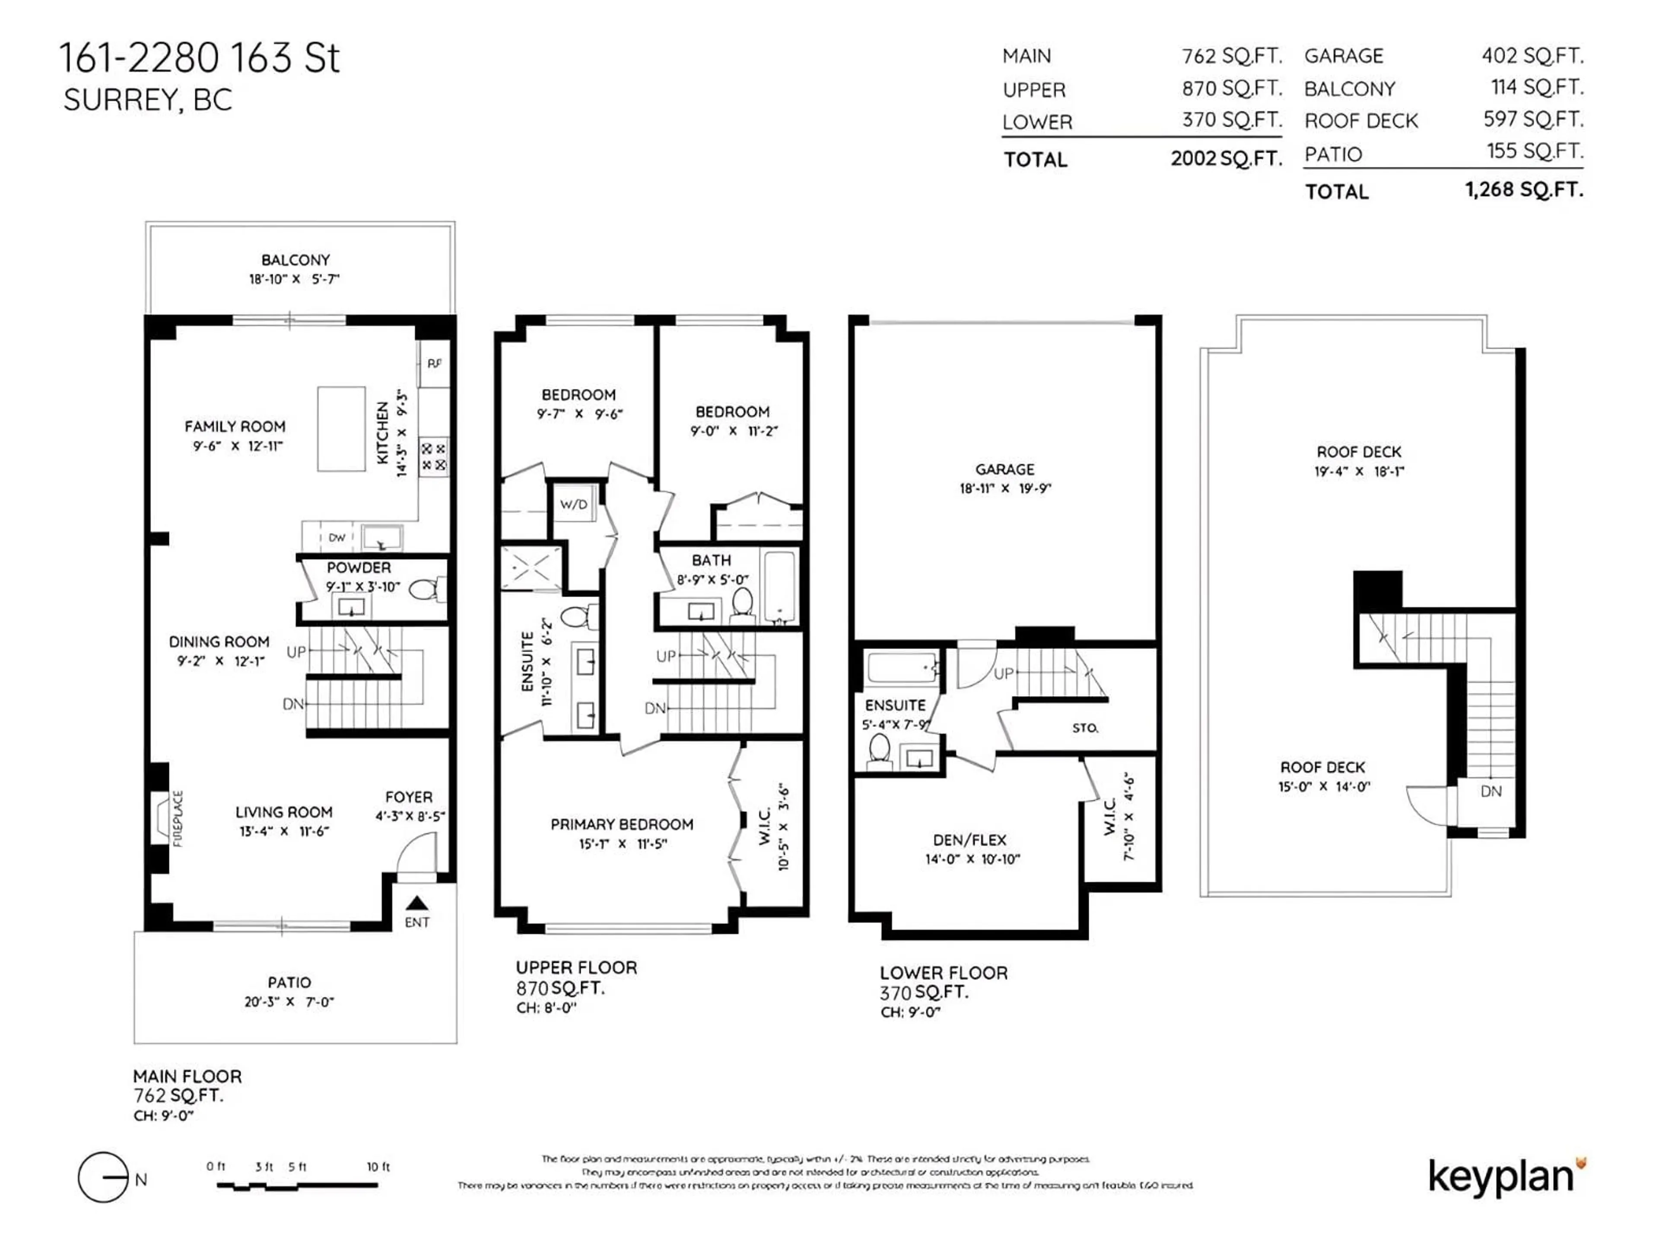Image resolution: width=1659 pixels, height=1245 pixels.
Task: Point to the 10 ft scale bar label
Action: click(x=378, y=1166)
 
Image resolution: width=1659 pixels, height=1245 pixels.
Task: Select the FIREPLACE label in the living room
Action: click(x=178, y=818)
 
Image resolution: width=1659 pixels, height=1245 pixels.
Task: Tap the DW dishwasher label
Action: click(x=337, y=537)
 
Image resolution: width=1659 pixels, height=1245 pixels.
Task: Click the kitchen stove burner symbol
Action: click(x=433, y=456)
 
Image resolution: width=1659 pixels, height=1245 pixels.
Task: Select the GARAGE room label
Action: click(x=1004, y=469)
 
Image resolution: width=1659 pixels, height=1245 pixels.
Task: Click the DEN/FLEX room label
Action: click(x=969, y=840)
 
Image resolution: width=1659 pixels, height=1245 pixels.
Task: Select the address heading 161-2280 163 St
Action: click(x=200, y=58)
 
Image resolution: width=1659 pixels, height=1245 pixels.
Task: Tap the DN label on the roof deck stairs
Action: click(x=1491, y=791)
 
